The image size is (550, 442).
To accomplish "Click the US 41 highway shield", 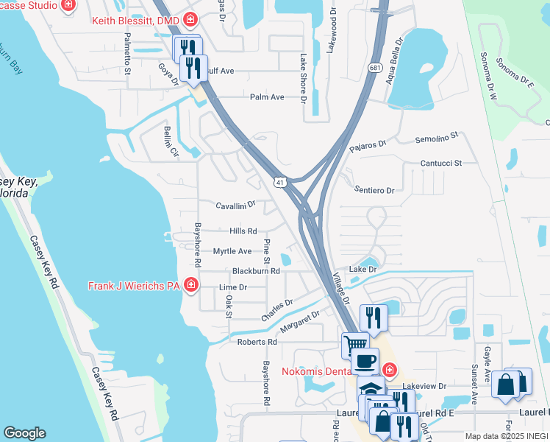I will [x=280, y=182].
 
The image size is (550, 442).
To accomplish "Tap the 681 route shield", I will [x=376, y=68].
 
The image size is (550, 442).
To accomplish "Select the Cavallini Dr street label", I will [x=235, y=205].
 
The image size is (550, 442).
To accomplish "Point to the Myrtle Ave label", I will [x=232, y=251].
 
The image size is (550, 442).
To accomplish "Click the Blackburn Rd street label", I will [x=256, y=271].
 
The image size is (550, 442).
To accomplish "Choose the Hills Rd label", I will [x=243, y=231].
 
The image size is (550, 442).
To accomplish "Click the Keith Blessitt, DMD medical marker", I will [x=190, y=20].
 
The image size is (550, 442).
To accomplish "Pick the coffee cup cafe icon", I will [x=365, y=361].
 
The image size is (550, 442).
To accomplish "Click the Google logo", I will [x=24, y=433].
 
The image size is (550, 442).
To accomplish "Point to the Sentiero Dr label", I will [x=374, y=190].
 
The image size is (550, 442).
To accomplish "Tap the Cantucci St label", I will [x=440, y=163].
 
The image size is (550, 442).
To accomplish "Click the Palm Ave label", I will [x=267, y=97].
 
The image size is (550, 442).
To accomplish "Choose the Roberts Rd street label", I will [x=257, y=342].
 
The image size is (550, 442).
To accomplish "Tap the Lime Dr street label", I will [x=233, y=287].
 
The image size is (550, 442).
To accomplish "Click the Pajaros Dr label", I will [x=368, y=145].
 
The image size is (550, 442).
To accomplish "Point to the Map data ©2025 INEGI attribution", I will [x=507, y=436].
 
